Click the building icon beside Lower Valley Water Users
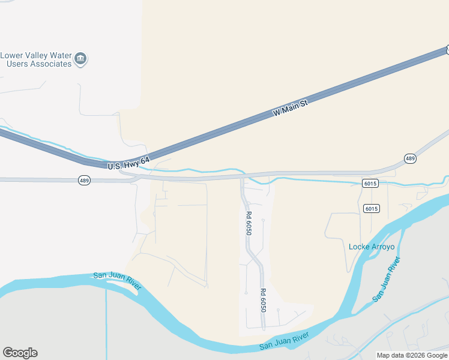coord(80,59)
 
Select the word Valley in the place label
coord(37,55)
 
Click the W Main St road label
coord(290,109)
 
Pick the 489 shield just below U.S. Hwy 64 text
coord(83,180)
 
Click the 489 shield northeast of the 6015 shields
coord(409,158)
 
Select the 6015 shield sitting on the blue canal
coord(370,183)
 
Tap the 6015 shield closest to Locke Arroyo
coord(371,208)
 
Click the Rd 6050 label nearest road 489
coord(248,222)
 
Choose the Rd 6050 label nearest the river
coord(263,300)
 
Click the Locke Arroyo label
coord(371,247)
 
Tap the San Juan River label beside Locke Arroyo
coord(386,280)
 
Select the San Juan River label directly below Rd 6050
coord(283,343)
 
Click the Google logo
coord(20,353)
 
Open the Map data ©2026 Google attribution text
coord(412,355)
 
